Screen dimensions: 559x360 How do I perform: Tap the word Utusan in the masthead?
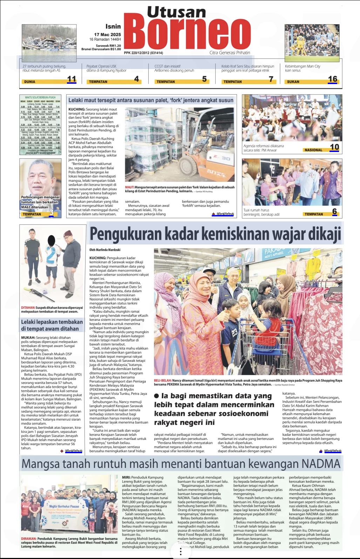pyautogui.click(x=176, y=12)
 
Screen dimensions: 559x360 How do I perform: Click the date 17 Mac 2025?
pyautogui.click(x=107, y=35)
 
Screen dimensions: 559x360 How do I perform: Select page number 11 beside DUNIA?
pyautogui.click(x=72, y=79)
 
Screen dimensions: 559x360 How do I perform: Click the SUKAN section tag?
pyautogui.click(x=293, y=82)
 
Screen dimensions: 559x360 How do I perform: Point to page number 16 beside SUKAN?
pyautogui.click(x=332, y=79)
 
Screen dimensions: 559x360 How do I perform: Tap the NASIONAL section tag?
pyautogui.click(x=313, y=150)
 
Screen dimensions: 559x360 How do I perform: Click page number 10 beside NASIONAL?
pyautogui.click(x=334, y=147)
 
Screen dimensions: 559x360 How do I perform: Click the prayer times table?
pyautogui.click(x=40, y=125)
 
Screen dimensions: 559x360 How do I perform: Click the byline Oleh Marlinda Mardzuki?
pyautogui.click(x=105, y=250)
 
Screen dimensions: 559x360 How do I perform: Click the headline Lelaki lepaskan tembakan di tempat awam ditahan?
pyautogui.click(x=52, y=325)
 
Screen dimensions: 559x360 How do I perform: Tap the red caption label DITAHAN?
pyautogui.click(x=28, y=308)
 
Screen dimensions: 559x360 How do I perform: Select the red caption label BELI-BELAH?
pyautogui.click(x=163, y=380)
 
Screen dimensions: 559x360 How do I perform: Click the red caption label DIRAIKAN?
pyautogui.click(x=28, y=539)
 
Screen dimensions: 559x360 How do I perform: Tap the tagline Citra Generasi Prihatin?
pyautogui.click(x=230, y=53)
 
